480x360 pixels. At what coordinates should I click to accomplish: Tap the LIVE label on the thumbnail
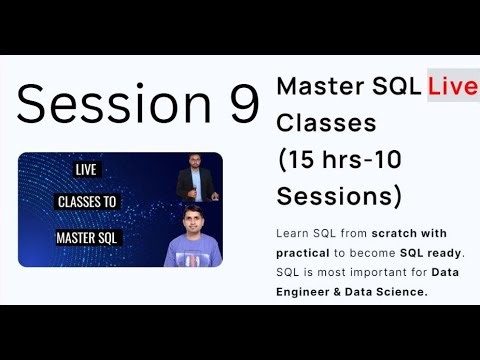click(86, 171)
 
